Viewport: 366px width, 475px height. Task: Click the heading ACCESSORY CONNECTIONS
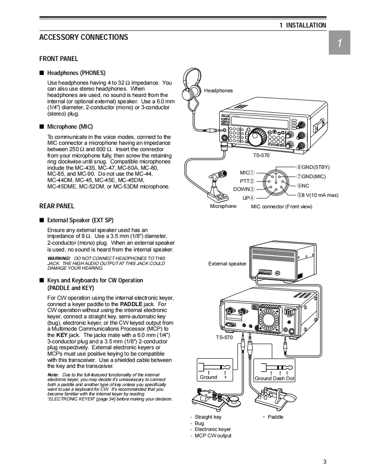point(84,37)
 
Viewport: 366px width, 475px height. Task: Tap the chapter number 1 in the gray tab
point(339,43)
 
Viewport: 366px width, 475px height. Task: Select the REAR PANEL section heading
point(57,206)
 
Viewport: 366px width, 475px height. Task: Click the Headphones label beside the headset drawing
point(218,91)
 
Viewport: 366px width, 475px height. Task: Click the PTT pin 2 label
point(247,181)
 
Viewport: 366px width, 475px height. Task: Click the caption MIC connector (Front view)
point(281,207)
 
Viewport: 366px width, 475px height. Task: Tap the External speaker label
point(227,264)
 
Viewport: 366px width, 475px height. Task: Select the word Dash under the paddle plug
point(280,378)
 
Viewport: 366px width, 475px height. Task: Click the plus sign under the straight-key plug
point(225,377)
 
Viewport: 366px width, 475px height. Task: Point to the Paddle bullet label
point(276,417)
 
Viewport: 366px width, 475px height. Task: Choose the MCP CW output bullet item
point(213,436)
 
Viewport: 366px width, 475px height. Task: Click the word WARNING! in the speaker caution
point(59,258)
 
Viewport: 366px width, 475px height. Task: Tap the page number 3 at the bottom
point(325,462)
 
